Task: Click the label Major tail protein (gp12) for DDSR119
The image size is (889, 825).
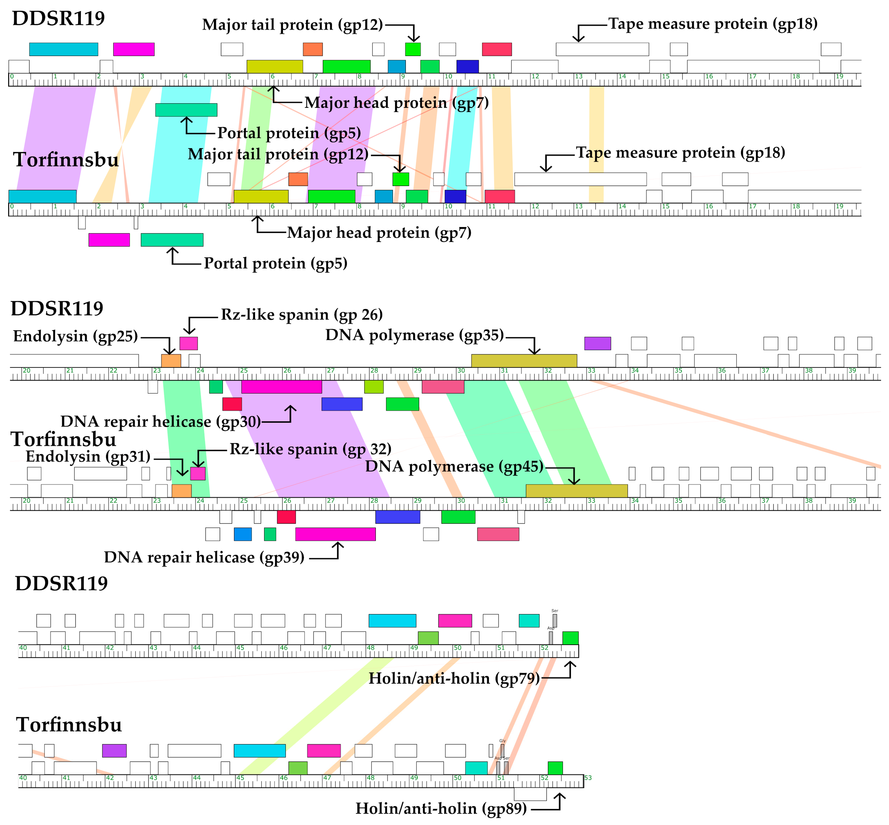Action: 292,25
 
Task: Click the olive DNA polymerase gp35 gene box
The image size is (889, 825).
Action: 524,361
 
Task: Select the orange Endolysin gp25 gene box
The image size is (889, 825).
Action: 171,361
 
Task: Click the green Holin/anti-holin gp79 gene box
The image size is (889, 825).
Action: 570,638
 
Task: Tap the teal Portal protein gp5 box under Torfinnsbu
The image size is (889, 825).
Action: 172,240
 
